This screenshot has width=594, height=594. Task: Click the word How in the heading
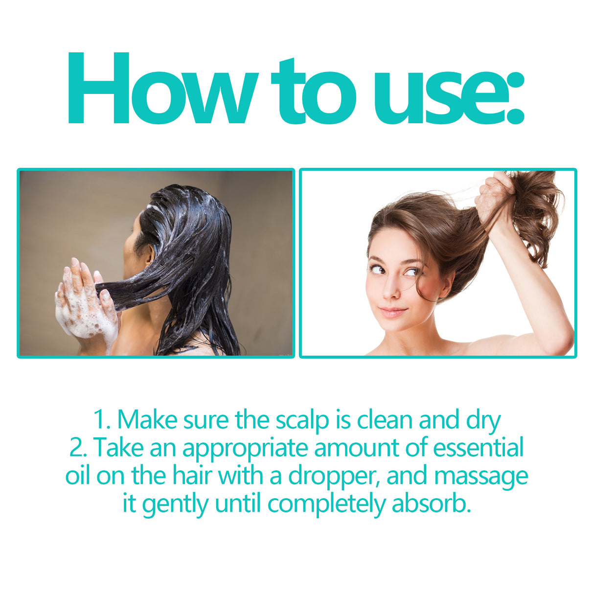(161, 91)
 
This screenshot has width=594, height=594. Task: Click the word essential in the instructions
(478, 448)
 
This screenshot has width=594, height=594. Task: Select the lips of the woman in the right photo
(393, 312)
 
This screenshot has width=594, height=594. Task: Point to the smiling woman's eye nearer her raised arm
(411, 271)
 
